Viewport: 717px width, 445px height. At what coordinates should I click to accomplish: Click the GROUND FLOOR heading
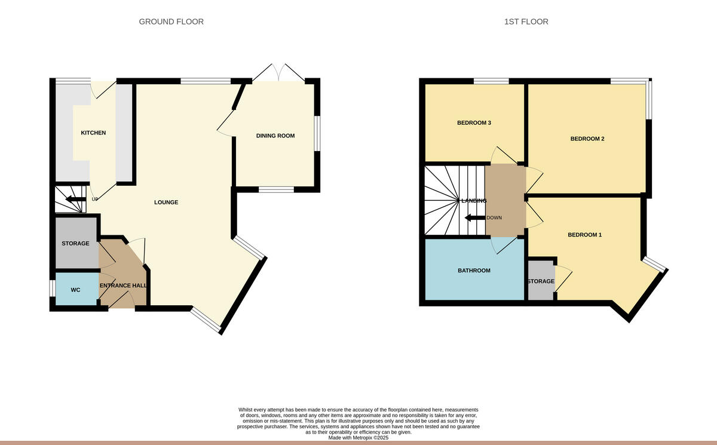(x=171, y=22)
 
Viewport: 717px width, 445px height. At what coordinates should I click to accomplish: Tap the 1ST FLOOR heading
(x=526, y=22)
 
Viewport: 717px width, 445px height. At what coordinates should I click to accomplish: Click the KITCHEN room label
(x=93, y=133)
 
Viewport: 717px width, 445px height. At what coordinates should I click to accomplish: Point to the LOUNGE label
(x=166, y=202)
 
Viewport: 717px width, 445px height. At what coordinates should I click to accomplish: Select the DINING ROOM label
(x=275, y=136)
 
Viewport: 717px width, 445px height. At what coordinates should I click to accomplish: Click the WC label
(x=75, y=290)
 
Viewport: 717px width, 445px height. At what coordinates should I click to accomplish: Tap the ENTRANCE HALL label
(x=123, y=286)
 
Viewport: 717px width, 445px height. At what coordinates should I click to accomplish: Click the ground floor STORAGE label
(x=75, y=243)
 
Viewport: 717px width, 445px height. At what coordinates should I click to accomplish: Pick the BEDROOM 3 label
(x=474, y=123)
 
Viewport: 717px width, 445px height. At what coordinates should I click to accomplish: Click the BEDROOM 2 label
(x=587, y=139)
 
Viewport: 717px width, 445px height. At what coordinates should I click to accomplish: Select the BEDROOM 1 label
(x=584, y=235)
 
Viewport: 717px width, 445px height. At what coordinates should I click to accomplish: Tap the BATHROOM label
(x=474, y=271)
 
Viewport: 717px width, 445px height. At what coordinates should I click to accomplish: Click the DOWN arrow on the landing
(x=475, y=217)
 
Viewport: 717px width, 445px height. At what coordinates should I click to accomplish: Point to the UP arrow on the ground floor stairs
(x=74, y=200)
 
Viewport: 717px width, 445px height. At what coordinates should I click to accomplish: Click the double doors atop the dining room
(x=278, y=72)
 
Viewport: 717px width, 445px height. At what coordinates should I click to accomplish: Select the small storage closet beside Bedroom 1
(x=540, y=281)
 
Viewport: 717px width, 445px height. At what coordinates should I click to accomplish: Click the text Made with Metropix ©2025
(x=358, y=437)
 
